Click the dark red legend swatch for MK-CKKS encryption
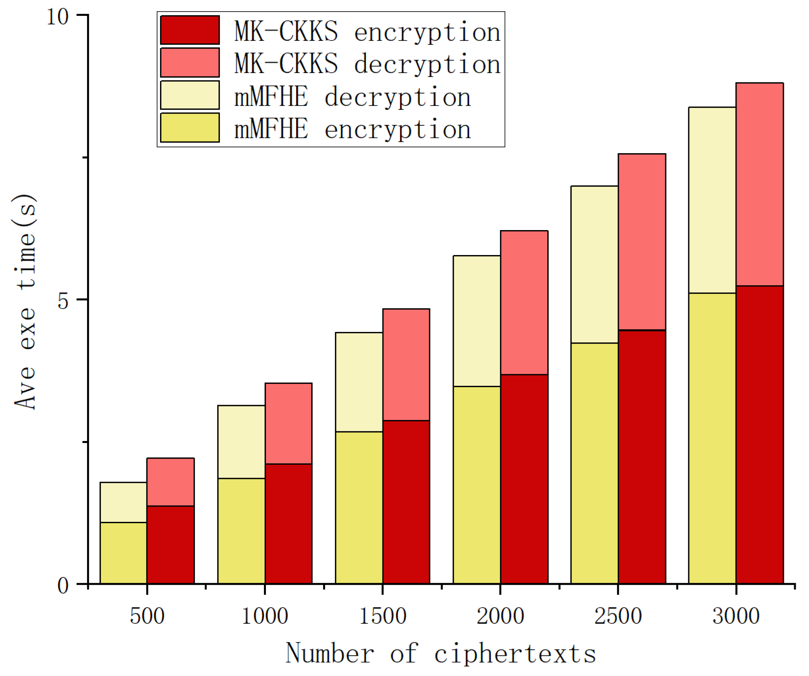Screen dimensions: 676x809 tap(190, 30)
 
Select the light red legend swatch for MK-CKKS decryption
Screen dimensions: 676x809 tap(190, 62)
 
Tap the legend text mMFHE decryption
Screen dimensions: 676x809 tap(352, 96)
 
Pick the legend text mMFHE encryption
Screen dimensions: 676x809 tap(352, 129)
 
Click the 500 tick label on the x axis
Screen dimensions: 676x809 tap(147, 616)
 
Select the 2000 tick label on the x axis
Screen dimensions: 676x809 tap(500, 616)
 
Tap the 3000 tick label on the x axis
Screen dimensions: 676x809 tap(736, 616)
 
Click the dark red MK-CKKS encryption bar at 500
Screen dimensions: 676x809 tap(170, 545)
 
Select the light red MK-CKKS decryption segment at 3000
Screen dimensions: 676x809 tap(759, 184)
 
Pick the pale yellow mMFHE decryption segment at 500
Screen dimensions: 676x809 tap(123, 502)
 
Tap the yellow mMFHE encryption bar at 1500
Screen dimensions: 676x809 tap(359, 508)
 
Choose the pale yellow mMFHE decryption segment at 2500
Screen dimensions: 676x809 tap(594, 264)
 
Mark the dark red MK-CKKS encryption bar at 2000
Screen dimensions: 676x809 tap(524, 479)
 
